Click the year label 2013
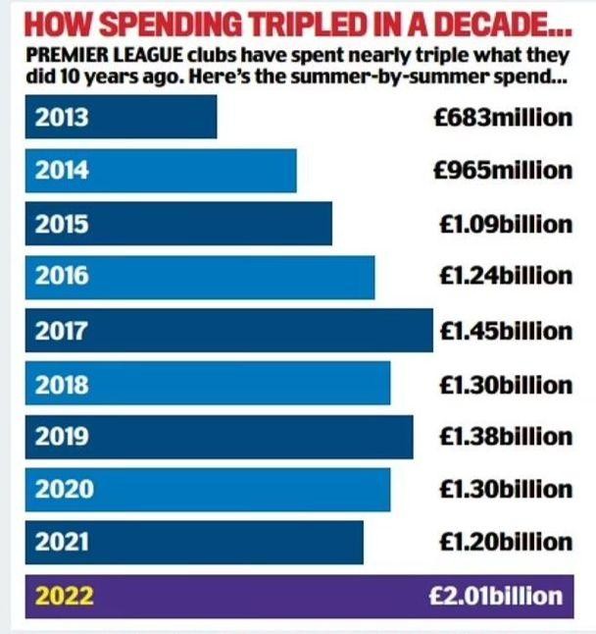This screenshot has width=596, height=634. click(x=62, y=118)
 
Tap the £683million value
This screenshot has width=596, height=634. click(x=504, y=118)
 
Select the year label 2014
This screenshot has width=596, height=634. click(x=62, y=171)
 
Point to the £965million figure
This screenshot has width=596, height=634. click(x=504, y=171)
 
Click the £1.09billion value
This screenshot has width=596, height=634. click(x=506, y=224)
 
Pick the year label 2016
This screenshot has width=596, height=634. click(x=62, y=277)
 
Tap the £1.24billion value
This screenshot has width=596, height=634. click(x=506, y=277)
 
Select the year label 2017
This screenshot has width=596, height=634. click(x=62, y=331)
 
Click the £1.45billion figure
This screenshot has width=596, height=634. click(x=506, y=331)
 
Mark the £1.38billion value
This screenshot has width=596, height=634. click(x=506, y=437)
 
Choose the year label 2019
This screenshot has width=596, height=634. click(x=62, y=437)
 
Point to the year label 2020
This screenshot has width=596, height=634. click(x=62, y=489)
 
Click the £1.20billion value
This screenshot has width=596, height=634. click(x=506, y=542)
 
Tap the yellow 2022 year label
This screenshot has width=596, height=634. click(x=65, y=596)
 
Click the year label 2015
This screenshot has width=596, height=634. click(x=62, y=224)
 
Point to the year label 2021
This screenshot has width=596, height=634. click(x=62, y=542)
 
